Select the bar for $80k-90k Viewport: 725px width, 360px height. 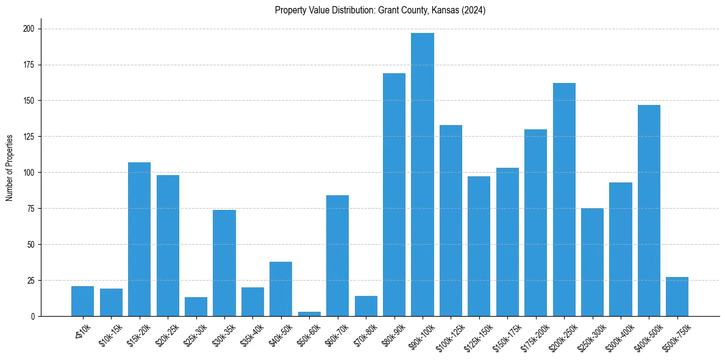point(394,195)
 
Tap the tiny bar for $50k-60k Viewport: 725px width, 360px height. point(309,314)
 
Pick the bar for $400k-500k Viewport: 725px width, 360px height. point(649,211)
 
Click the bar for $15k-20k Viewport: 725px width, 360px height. point(139,239)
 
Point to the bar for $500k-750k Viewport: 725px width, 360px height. point(677,297)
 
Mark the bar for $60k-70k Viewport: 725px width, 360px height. point(337,256)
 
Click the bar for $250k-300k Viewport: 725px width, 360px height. point(592,262)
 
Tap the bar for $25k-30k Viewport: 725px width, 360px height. point(196,307)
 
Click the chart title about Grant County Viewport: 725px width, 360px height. point(380,10)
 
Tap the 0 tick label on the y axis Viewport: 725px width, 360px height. point(34,317)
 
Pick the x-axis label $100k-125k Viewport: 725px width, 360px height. point(446,336)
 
